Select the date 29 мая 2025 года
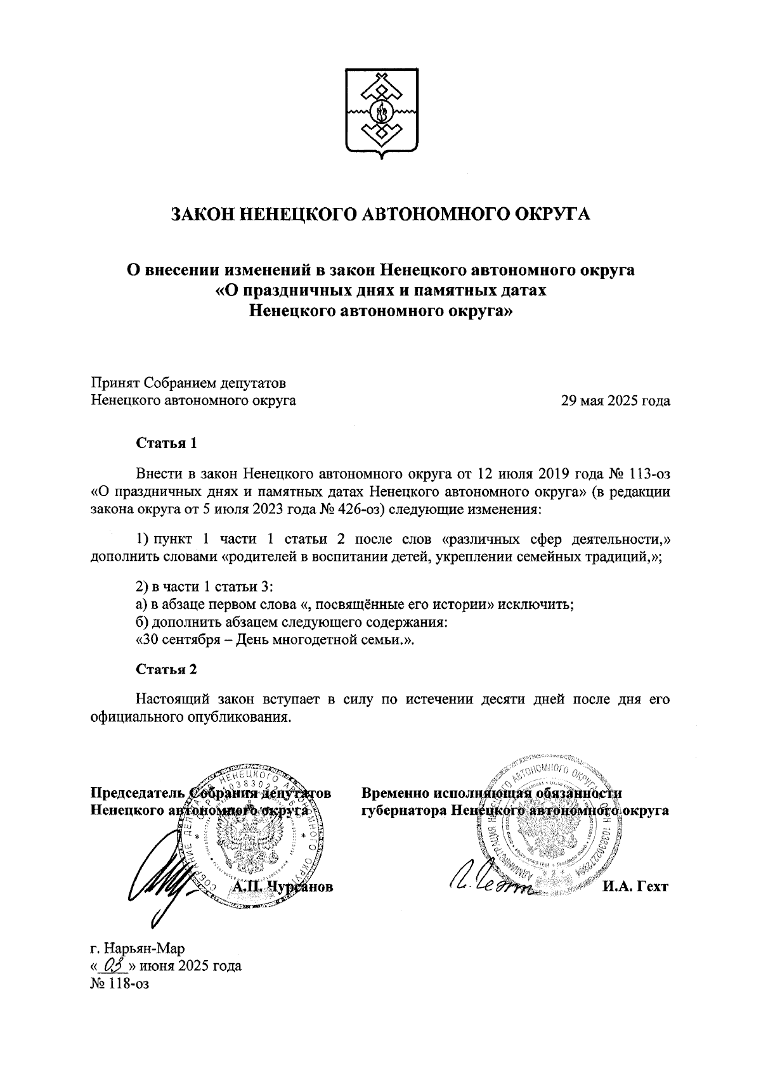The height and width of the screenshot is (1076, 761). (x=615, y=400)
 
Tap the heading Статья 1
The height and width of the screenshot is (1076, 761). (x=166, y=443)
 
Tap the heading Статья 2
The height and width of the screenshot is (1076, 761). (x=166, y=670)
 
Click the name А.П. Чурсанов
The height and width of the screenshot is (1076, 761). (x=283, y=887)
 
